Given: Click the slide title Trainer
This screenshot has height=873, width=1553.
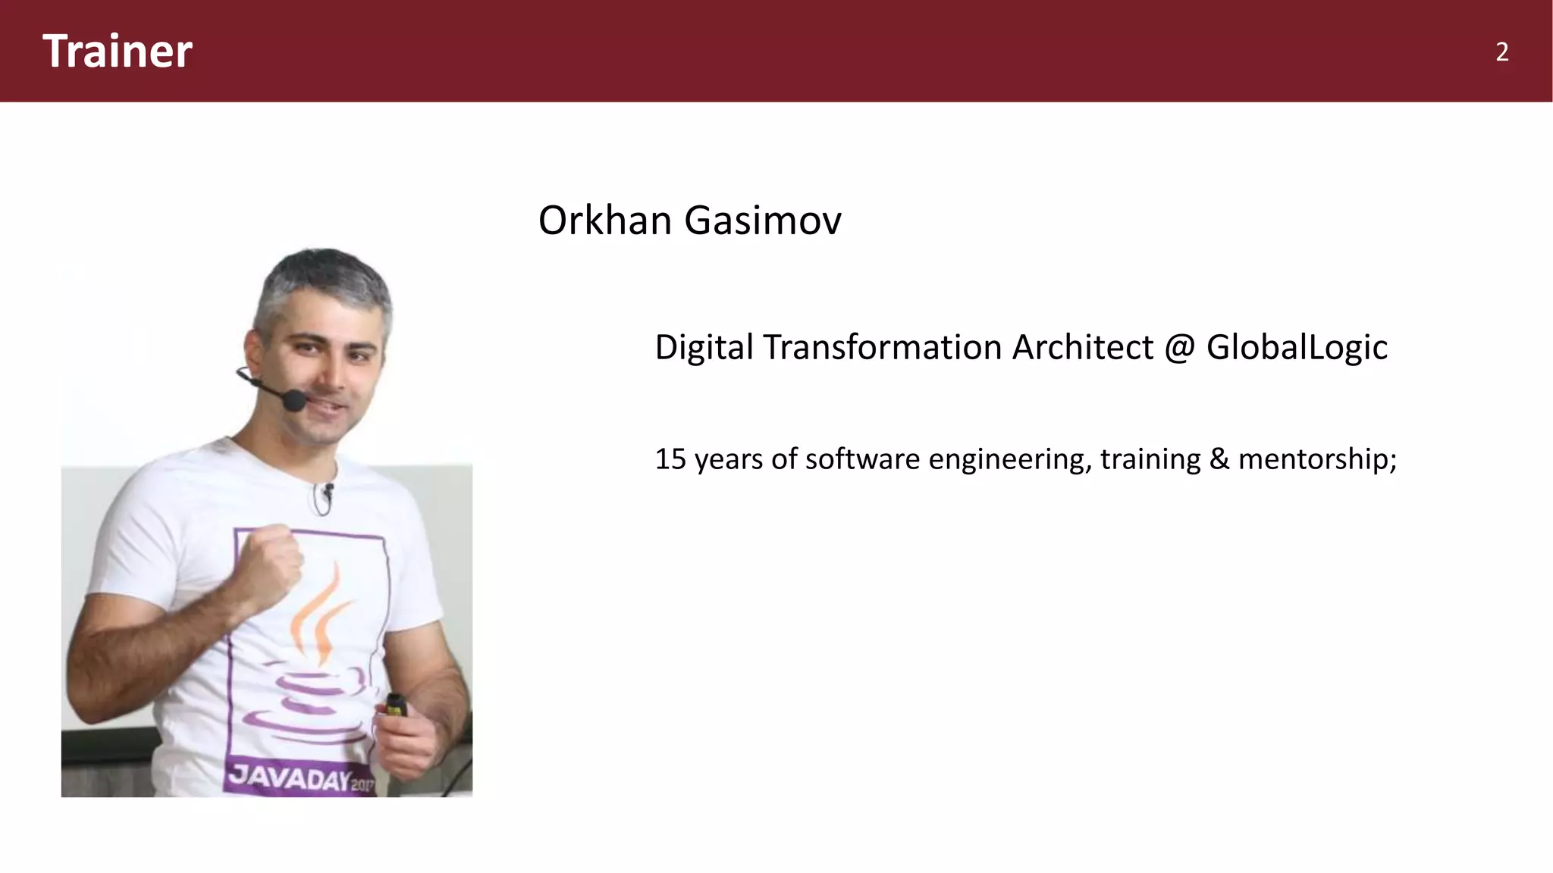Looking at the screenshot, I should click(x=118, y=52).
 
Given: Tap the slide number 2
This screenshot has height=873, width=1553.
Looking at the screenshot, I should click(x=1501, y=52).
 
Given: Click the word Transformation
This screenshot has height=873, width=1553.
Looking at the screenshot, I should click(x=883, y=348).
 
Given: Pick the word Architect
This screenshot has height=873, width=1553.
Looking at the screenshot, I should click(x=1083, y=348).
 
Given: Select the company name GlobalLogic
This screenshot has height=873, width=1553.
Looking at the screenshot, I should click(x=1297, y=348).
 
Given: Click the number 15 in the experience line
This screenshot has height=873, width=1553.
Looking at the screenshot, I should click(x=670, y=459).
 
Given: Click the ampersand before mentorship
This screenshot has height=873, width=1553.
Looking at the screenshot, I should click(x=1219, y=459).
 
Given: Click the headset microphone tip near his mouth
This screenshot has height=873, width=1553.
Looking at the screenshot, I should click(x=294, y=400).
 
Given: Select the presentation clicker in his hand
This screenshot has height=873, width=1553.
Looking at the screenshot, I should click(x=395, y=706).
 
